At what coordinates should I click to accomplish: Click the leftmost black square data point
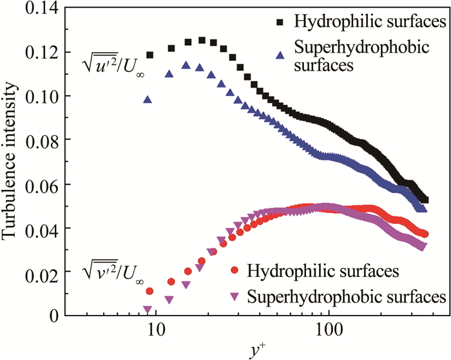coord(149,55)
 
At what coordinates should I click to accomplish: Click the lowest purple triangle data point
coord(148,310)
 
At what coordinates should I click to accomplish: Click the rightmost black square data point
coord(425,200)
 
